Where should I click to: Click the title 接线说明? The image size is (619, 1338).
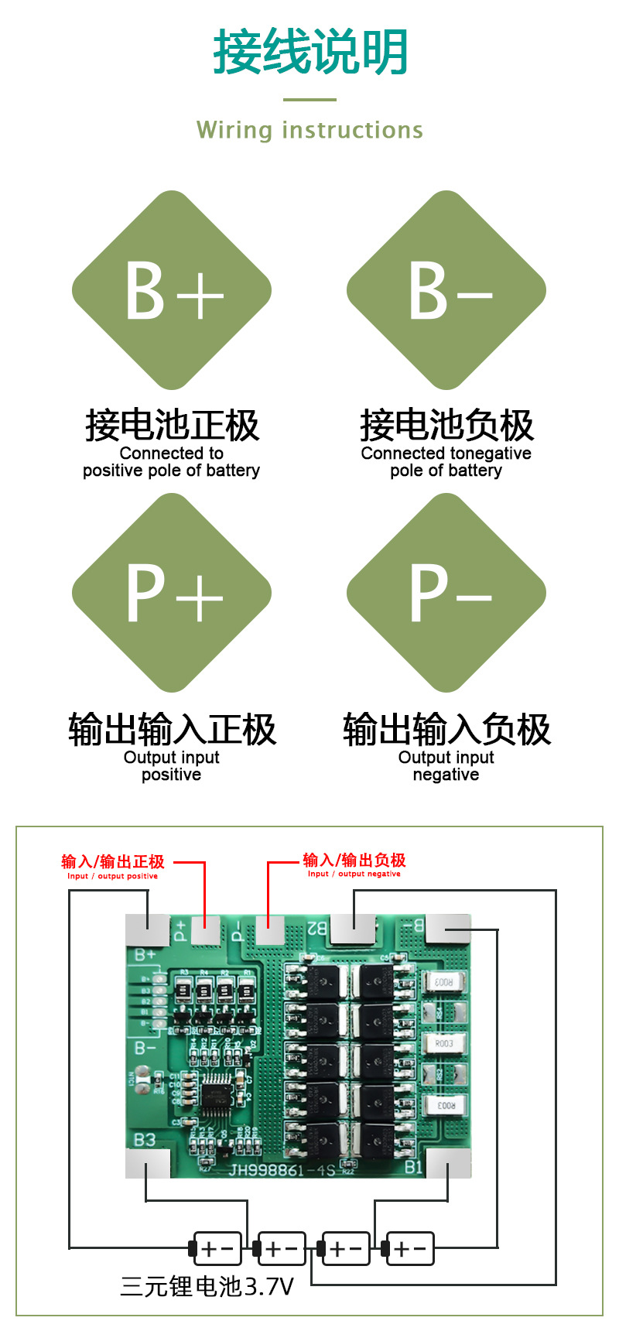[x=310, y=53]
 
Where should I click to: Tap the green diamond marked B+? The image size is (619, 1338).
[x=172, y=290]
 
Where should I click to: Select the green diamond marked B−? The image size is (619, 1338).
[x=446, y=290]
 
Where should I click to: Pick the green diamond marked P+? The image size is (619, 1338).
[x=172, y=593]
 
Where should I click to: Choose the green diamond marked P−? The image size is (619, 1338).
[x=446, y=593]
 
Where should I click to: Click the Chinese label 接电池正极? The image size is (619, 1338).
[x=172, y=425]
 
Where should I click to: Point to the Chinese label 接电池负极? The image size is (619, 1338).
[x=446, y=425]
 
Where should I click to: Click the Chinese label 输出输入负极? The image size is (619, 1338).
[x=446, y=729]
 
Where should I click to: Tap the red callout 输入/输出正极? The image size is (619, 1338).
[x=113, y=861]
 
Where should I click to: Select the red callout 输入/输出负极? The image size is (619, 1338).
[x=354, y=860]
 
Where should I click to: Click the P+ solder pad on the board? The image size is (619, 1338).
[x=205, y=929]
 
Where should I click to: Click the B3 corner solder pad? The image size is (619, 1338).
[x=147, y=1163]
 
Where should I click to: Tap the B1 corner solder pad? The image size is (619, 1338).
[x=448, y=1163]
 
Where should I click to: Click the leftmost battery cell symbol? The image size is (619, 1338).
[x=217, y=1248]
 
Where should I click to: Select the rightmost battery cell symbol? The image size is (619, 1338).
[x=409, y=1248]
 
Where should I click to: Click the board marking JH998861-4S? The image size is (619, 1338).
[x=281, y=1169]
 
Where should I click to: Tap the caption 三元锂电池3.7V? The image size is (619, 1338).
[x=207, y=1286]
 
